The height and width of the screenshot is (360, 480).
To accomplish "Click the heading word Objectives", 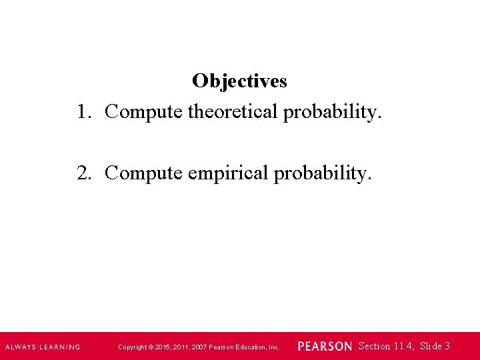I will click(239, 81).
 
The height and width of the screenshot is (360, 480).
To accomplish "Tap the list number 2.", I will click(83, 173).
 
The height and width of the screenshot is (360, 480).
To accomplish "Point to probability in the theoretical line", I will click(333, 112).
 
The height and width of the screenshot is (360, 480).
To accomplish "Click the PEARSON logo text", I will click(325, 347).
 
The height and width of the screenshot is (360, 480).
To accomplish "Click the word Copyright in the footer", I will click(131, 347).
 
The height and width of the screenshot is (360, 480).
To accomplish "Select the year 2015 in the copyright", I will click(162, 347).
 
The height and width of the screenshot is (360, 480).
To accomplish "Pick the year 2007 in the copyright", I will click(200, 347).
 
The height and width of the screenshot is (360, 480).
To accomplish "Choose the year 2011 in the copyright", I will click(181, 347).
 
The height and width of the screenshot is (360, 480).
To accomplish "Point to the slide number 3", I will click(447, 346).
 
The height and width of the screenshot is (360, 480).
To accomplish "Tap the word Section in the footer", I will click(374, 346).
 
